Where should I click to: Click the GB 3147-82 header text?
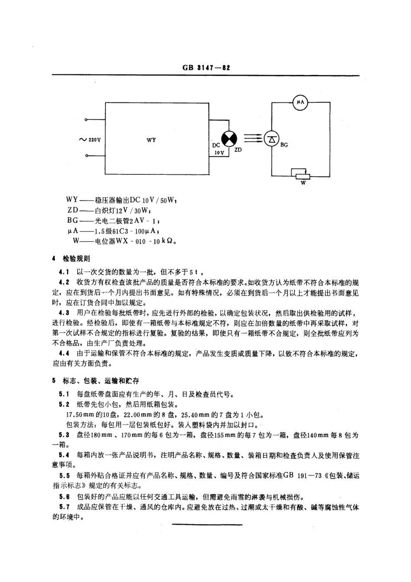click(x=205, y=68)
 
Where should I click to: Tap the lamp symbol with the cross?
click(x=229, y=138)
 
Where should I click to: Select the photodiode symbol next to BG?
click(x=271, y=138)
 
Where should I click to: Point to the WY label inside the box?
click(x=151, y=140)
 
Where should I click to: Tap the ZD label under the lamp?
click(x=238, y=150)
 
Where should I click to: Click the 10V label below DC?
click(x=219, y=153)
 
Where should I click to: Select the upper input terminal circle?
click(x=87, y=119)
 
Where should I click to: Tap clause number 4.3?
click(x=64, y=312)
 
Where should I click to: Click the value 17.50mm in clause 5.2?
click(x=76, y=414)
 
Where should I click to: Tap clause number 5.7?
click(x=64, y=507)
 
